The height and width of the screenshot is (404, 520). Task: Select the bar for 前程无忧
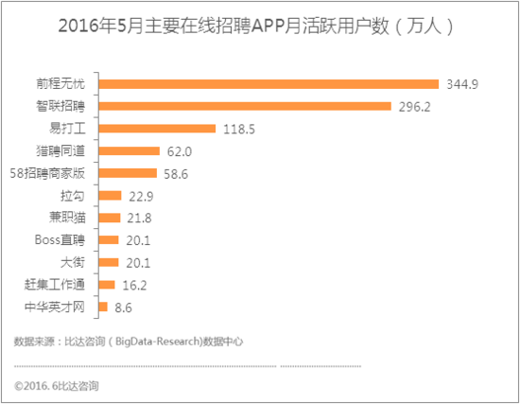(269, 84)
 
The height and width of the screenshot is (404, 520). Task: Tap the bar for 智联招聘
(245, 106)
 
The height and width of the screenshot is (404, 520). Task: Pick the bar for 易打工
(157, 129)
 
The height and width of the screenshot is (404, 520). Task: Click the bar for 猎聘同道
(129, 150)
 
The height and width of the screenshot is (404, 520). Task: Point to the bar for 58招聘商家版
(128, 173)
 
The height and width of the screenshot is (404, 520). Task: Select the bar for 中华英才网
(102, 307)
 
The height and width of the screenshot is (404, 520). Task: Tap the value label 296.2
(414, 107)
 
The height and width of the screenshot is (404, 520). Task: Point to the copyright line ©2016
(57, 386)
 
